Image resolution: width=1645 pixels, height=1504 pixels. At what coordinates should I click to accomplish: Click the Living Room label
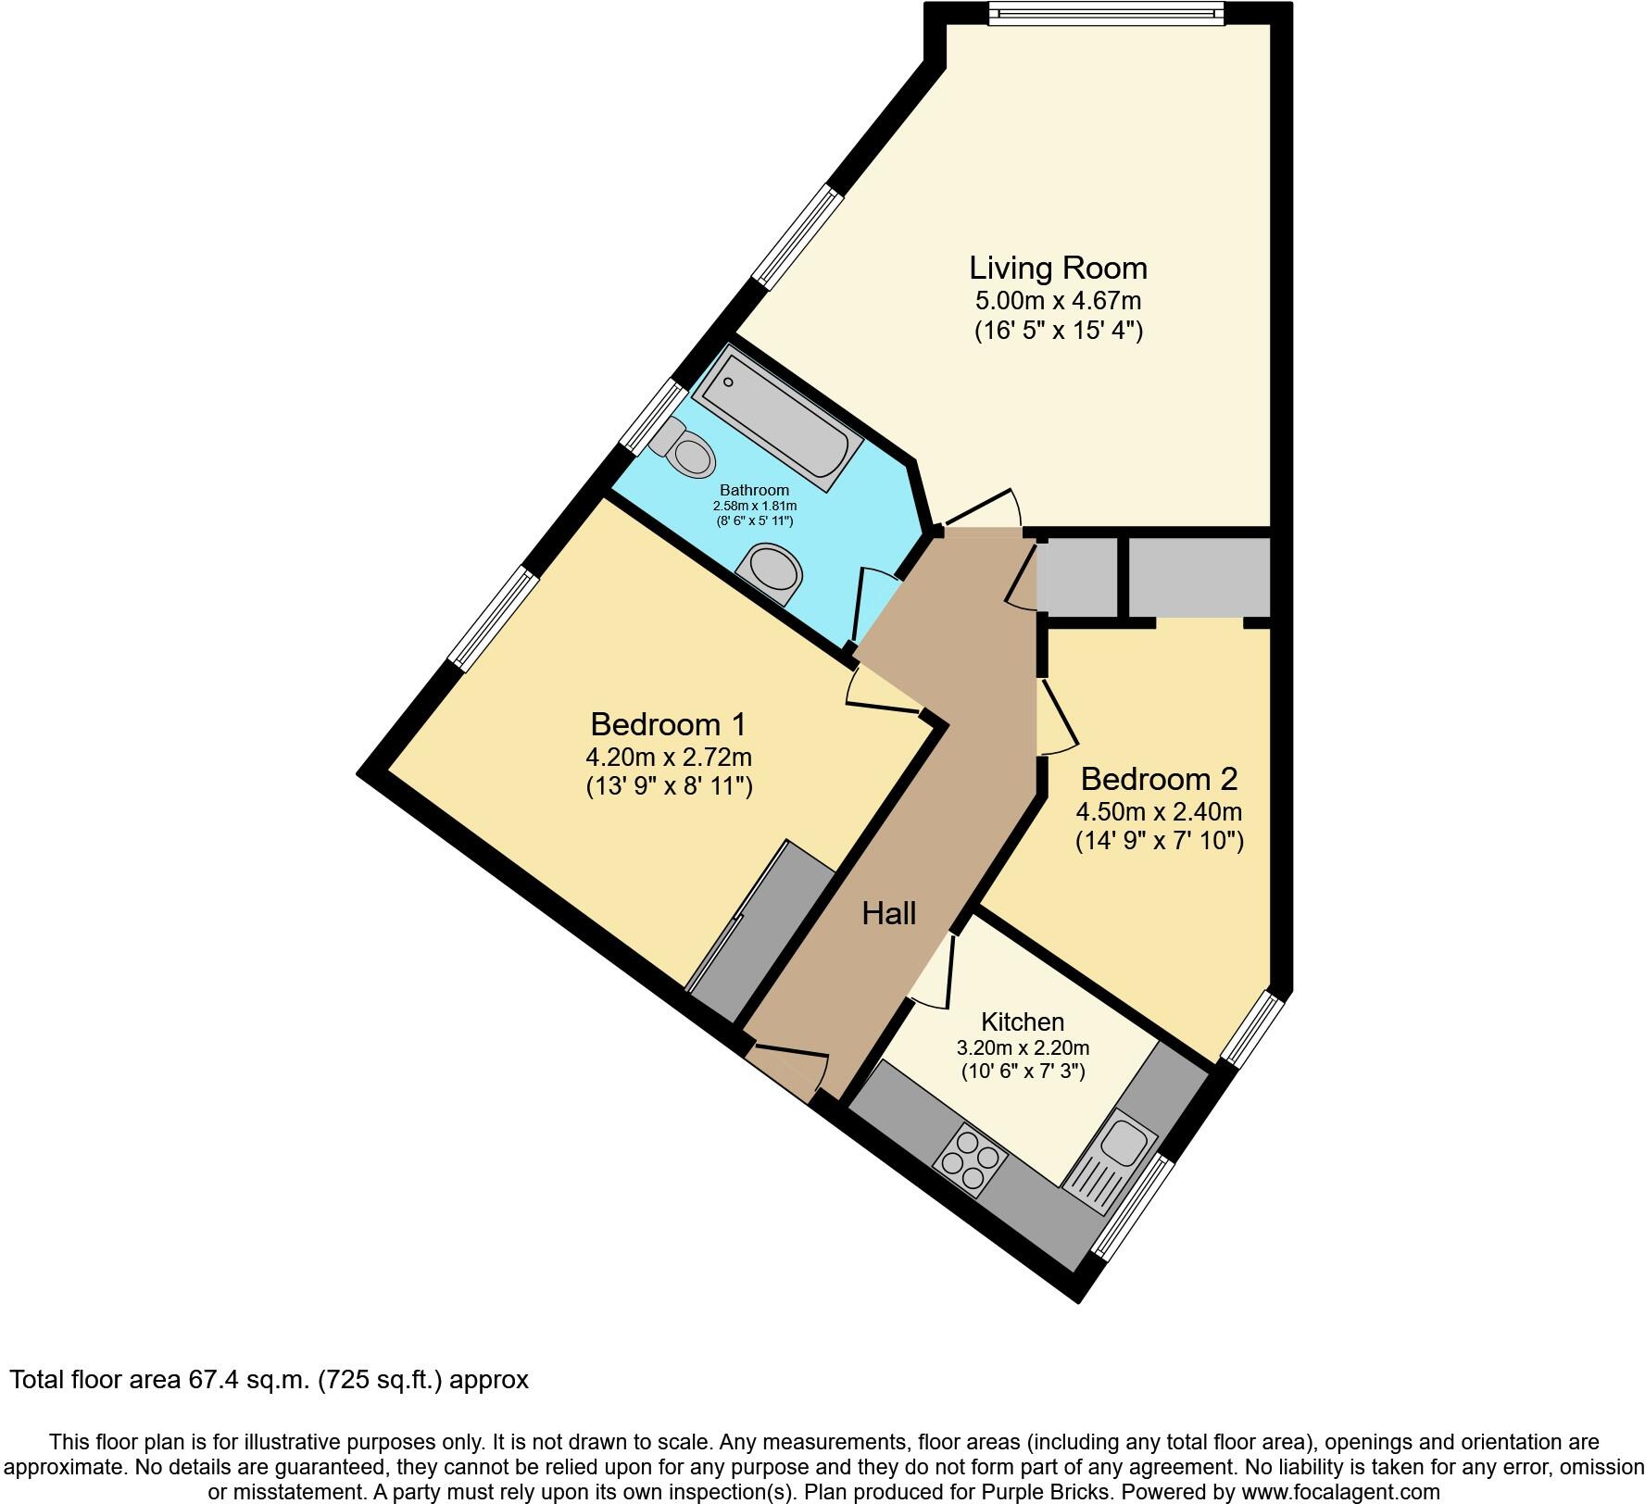(x=1058, y=268)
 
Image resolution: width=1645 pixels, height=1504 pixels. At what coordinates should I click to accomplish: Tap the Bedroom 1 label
(x=668, y=723)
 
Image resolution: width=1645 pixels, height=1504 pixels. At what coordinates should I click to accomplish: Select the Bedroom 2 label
(x=1159, y=779)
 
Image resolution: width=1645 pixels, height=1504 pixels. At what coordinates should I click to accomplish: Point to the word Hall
(x=889, y=914)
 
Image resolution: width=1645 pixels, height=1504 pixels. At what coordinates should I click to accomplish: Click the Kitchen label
(x=1023, y=1021)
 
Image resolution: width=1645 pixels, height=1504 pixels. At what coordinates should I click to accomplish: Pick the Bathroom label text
(x=755, y=490)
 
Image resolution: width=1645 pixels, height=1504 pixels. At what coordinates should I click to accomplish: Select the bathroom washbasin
(x=769, y=574)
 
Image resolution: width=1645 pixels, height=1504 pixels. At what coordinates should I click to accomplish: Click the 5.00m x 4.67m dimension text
(x=1058, y=301)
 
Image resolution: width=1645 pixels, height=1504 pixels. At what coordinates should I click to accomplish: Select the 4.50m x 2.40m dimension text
(x=1159, y=812)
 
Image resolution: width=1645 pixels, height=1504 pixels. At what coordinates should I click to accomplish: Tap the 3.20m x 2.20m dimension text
(x=1023, y=1048)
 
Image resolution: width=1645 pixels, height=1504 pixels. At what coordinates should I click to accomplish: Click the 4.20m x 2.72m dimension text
(x=668, y=757)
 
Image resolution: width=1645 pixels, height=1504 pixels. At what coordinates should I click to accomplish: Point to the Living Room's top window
(x=1107, y=13)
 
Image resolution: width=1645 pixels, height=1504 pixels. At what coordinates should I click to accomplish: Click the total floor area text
(x=270, y=1379)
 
